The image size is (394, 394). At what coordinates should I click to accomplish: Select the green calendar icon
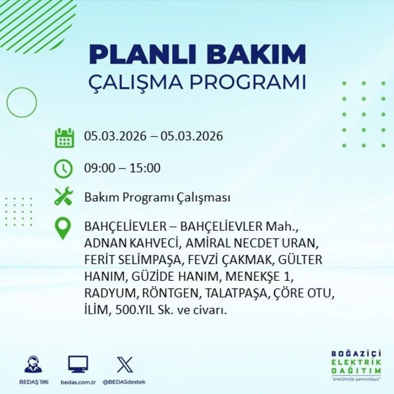(64, 137)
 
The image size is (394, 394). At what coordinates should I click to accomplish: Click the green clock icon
(64, 167)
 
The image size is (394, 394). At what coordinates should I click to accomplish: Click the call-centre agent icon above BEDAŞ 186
(34, 364)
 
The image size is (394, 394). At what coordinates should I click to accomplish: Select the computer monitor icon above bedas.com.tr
(78, 364)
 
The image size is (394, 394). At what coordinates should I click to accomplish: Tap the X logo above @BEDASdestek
(124, 364)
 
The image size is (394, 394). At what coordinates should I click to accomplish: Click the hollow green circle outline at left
(22, 103)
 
